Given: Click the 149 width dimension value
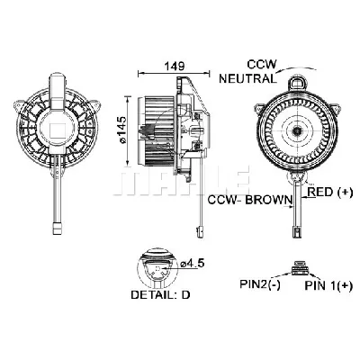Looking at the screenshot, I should [162, 64].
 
